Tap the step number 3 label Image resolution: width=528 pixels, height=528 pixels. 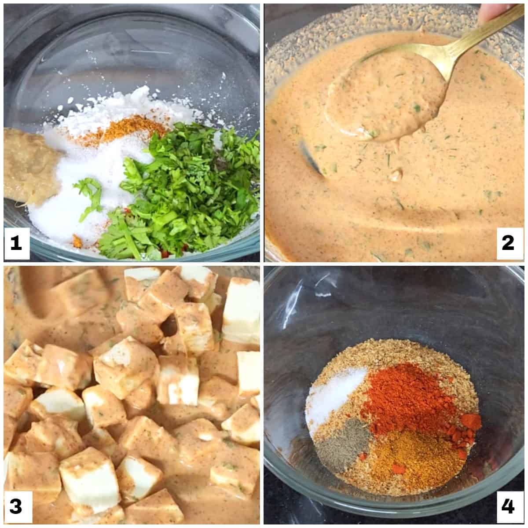(x=16, y=507)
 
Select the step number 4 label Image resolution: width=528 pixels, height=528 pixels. (x=508, y=507)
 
